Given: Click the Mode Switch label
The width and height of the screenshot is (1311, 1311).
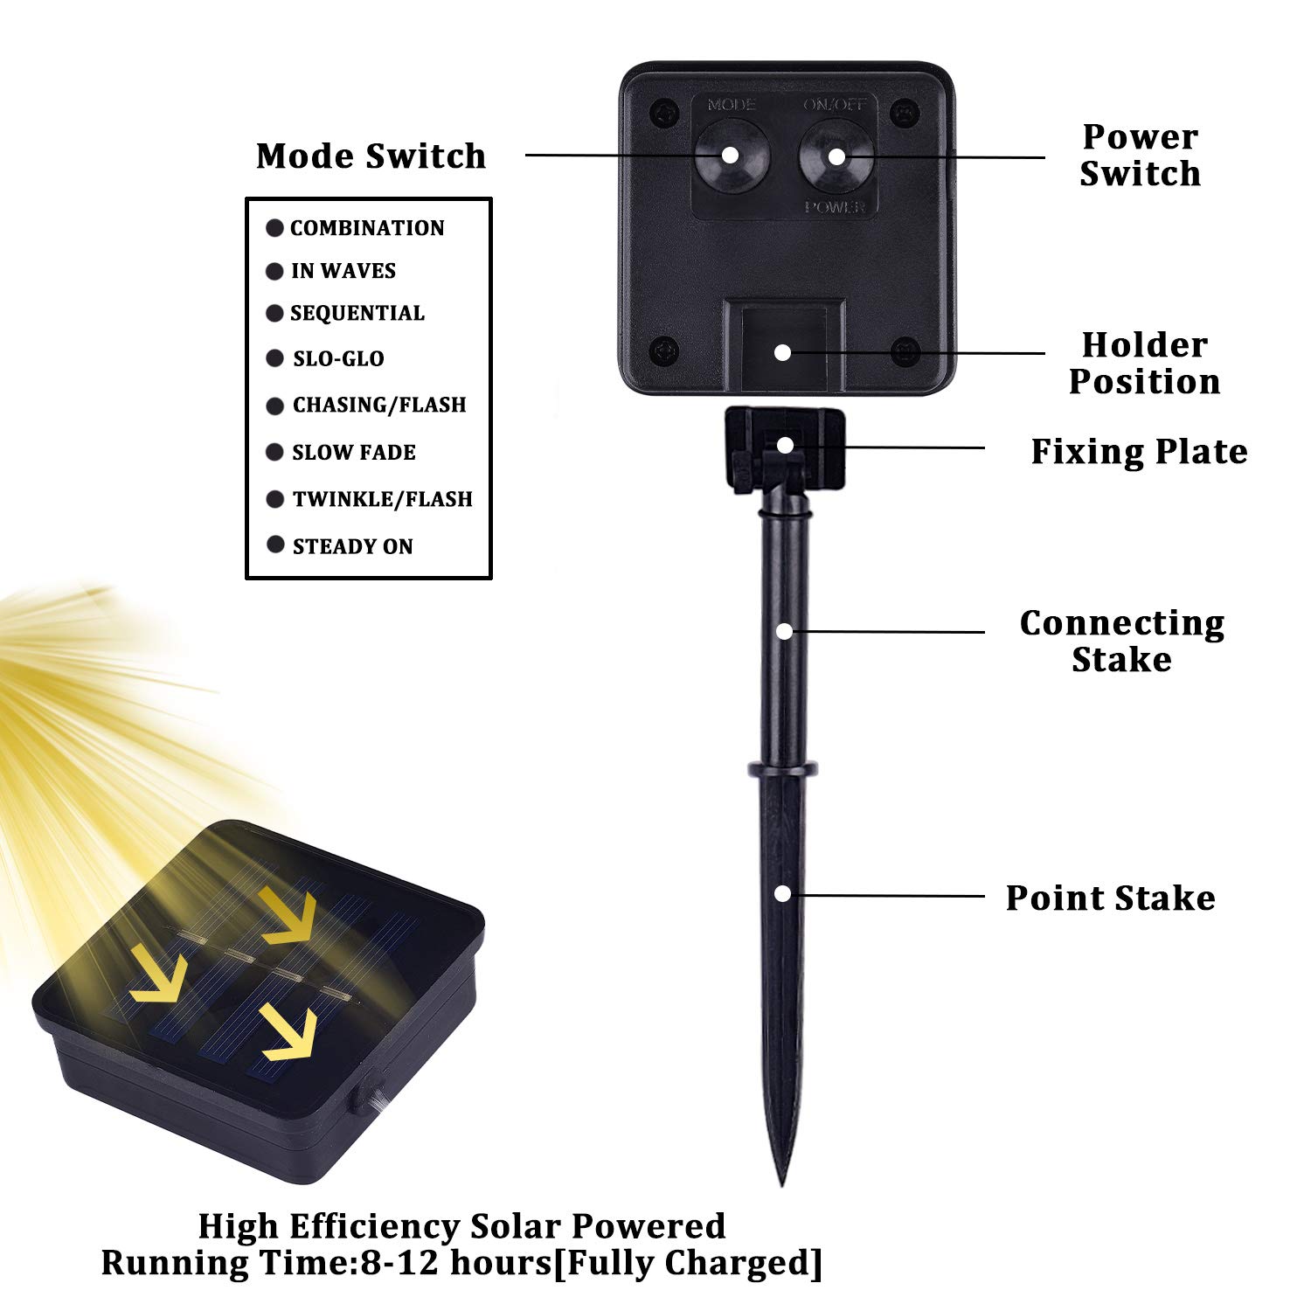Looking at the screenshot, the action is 371,156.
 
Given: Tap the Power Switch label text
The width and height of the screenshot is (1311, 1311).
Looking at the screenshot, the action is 1140,155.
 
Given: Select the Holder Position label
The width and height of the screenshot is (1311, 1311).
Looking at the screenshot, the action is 1144,363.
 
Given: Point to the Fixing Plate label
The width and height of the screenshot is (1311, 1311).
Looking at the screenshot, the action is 1139,451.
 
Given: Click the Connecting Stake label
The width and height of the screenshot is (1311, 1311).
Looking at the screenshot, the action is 1122,641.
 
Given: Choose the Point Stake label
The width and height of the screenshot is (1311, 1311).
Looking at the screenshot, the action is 1110,898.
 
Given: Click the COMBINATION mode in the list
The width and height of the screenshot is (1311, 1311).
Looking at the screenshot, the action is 367,228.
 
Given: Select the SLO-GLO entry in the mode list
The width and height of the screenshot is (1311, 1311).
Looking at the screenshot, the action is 338,358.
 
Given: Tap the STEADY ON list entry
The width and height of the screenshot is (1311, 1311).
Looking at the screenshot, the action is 352,546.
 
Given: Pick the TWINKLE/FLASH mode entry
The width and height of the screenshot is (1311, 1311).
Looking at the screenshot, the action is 382,499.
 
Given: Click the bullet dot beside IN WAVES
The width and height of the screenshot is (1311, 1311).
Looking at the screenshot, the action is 274,271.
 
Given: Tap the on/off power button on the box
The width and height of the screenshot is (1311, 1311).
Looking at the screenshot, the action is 836,156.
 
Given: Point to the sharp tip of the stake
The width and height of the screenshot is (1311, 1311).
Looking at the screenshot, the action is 780,1184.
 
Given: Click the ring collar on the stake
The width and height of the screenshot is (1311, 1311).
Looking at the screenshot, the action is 783,769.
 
